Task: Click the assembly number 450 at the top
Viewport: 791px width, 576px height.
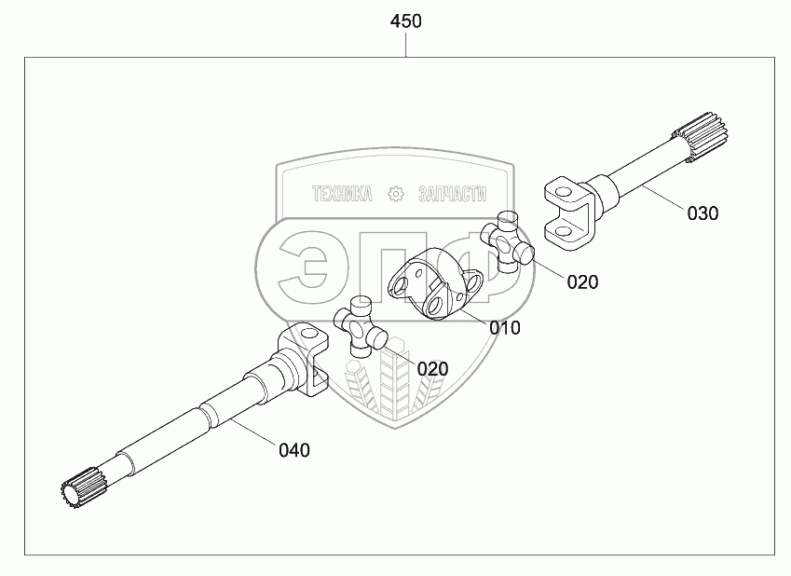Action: coord(406,21)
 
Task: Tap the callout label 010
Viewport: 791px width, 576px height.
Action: coord(504,327)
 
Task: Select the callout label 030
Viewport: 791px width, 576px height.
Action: coord(702,213)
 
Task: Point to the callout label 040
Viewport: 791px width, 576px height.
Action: coord(293,450)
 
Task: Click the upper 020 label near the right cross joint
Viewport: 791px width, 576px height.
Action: coord(582,282)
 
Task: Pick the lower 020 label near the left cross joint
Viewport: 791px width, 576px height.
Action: coord(432,369)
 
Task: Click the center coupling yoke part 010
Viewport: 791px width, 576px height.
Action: coord(436,284)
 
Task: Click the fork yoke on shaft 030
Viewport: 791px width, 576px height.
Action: coord(567,212)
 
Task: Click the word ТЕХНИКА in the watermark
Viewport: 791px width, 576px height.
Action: coord(342,194)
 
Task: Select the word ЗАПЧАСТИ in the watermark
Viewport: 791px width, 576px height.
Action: coord(453,194)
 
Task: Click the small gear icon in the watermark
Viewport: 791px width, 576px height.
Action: coord(396,194)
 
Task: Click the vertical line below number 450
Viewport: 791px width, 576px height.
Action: coord(406,46)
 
